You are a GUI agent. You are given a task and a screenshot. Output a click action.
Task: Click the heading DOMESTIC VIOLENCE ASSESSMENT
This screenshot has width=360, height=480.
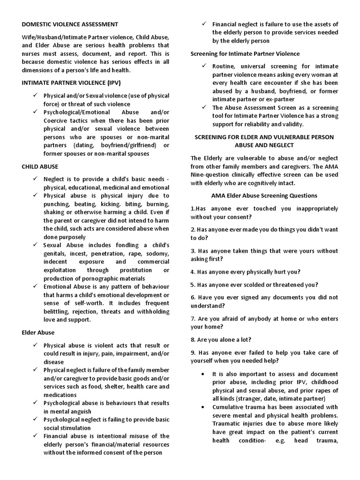(70, 24)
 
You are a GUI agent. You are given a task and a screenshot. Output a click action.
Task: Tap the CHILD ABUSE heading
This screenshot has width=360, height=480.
(40, 166)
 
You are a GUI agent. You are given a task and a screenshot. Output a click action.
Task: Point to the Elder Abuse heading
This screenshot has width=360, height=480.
(38, 332)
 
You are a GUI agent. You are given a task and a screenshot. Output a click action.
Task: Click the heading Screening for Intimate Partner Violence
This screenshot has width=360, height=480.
(245, 54)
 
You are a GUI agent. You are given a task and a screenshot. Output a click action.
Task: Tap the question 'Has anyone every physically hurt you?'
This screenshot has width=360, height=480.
(246, 272)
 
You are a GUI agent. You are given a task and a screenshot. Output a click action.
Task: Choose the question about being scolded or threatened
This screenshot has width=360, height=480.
(254, 285)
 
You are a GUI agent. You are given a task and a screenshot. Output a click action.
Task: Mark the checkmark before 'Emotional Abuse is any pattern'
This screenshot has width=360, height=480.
(36, 286)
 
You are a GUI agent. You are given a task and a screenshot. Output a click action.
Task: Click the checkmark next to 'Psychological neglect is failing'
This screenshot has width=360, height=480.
(36, 420)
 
